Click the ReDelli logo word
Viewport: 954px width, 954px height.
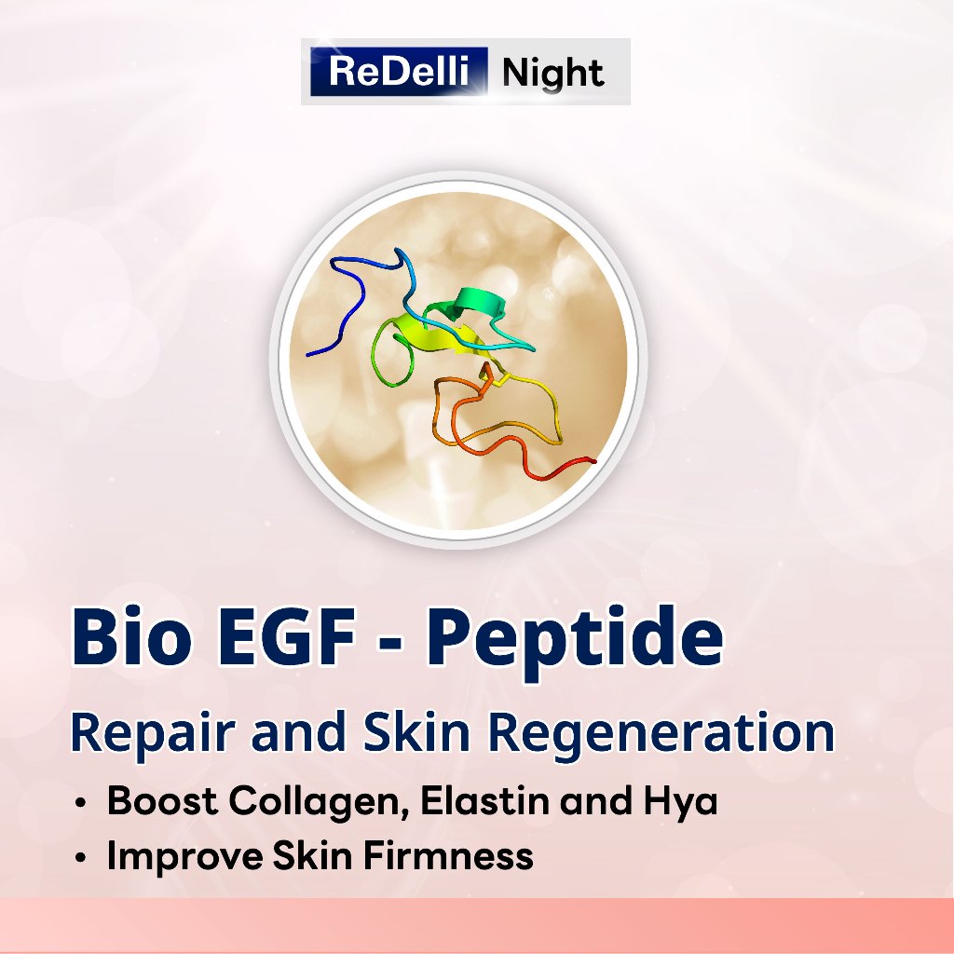pyautogui.click(x=399, y=71)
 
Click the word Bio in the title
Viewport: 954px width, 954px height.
pyautogui.click(x=131, y=636)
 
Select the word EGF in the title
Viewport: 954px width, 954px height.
pyautogui.click(x=287, y=637)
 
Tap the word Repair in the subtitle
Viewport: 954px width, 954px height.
pyautogui.click(x=153, y=734)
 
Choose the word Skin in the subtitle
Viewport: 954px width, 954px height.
pyautogui.click(x=416, y=731)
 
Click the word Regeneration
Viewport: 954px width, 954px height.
pyautogui.click(x=661, y=734)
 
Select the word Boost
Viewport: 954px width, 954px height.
pyautogui.click(x=162, y=800)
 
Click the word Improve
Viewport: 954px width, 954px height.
pyautogui.click(x=184, y=857)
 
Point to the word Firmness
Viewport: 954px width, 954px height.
pyautogui.click(x=448, y=855)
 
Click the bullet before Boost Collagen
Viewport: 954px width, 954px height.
pyautogui.click(x=81, y=802)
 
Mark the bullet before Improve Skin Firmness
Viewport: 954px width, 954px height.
pyautogui.click(x=81, y=858)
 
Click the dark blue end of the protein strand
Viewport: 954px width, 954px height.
pyautogui.click(x=309, y=353)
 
